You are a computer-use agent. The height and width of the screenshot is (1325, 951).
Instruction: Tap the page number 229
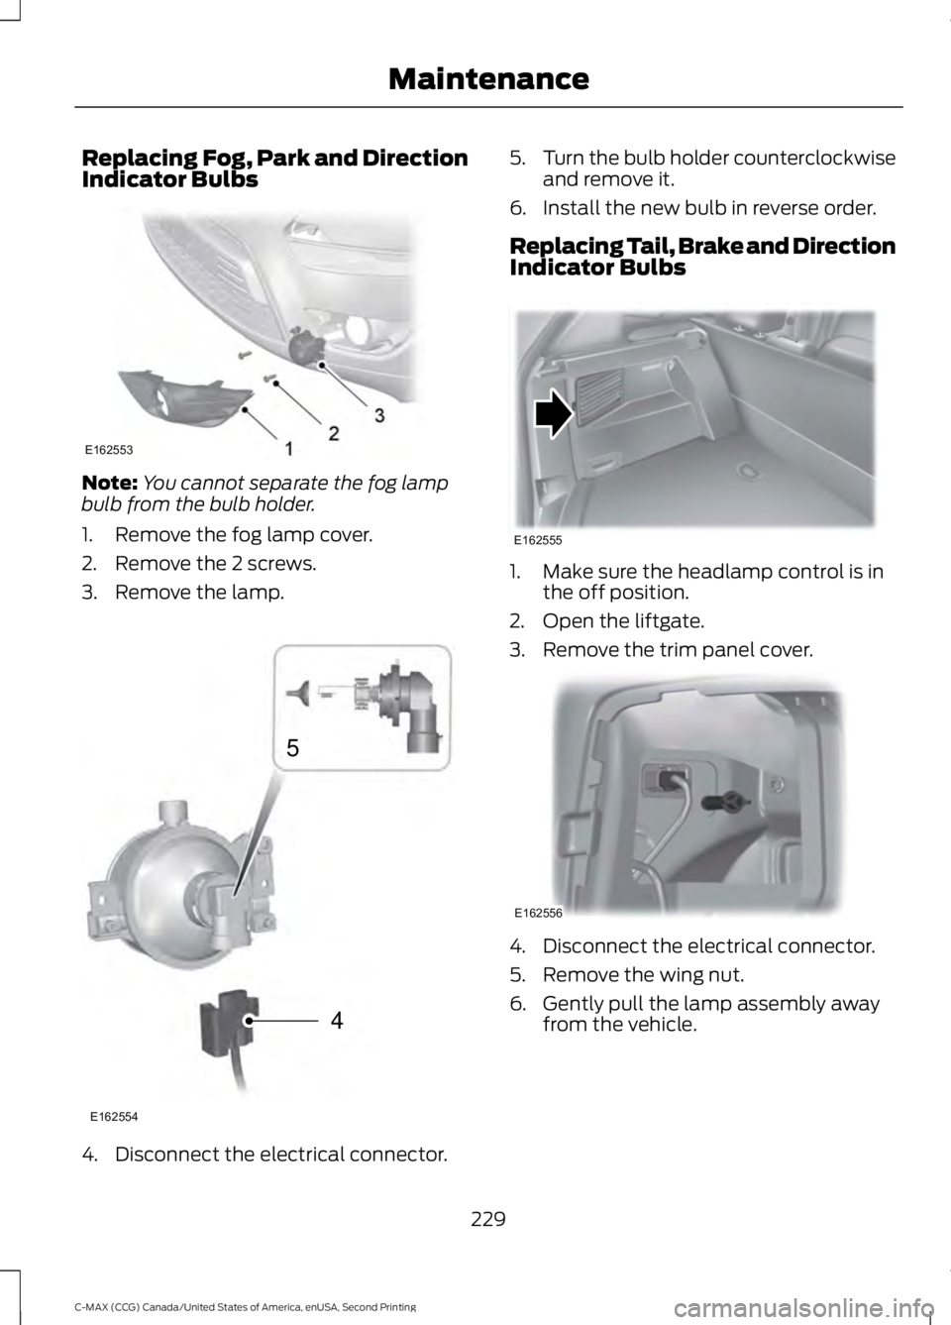pyautogui.click(x=488, y=1218)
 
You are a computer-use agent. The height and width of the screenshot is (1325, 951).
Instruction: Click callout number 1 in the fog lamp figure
pyautogui.click(x=289, y=449)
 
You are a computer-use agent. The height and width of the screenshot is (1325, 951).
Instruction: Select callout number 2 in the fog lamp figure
pyautogui.click(x=334, y=432)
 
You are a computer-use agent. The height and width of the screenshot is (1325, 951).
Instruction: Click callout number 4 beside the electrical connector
pyautogui.click(x=337, y=1020)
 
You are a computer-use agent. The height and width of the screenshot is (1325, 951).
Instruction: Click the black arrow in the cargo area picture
pyautogui.click(x=553, y=413)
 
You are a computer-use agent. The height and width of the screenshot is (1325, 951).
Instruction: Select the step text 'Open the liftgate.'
pyautogui.click(x=623, y=621)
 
